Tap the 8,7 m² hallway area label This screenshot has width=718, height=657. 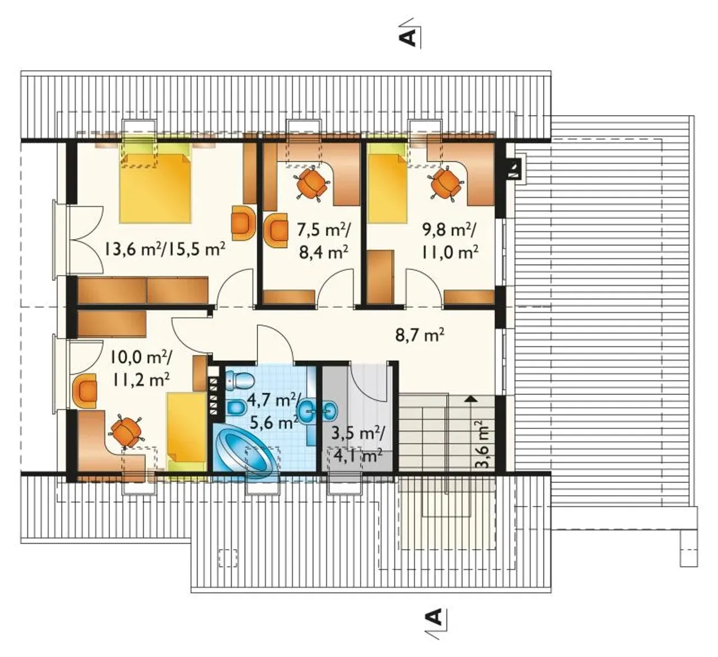[x=420, y=335]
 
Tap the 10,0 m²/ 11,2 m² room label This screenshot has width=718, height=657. [x=141, y=368]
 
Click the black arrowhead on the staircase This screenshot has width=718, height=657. [x=471, y=398]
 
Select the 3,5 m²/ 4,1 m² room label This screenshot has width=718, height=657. [x=357, y=445]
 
